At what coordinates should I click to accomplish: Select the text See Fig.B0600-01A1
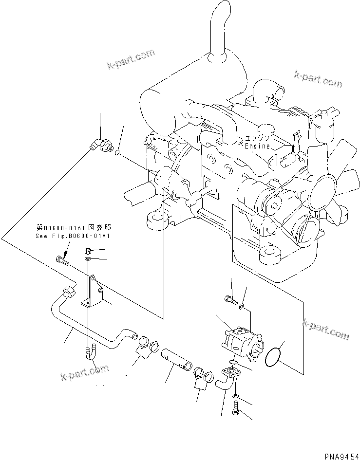pyautogui.click(x=73, y=236)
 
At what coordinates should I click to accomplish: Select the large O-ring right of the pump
pyautogui.click(x=275, y=358)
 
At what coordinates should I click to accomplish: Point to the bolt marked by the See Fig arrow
pyautogui.click(x=62, y=261)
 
